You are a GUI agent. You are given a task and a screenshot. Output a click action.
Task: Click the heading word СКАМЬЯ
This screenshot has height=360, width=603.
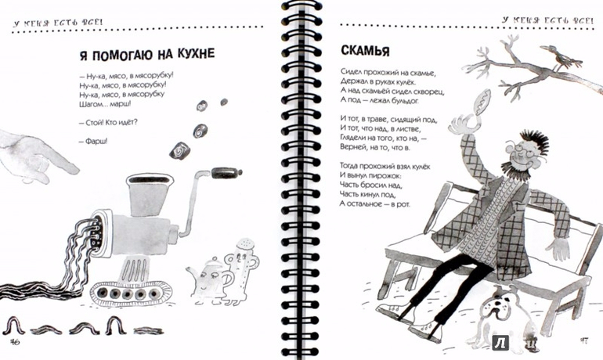pyautogui.click(x=365, y=50)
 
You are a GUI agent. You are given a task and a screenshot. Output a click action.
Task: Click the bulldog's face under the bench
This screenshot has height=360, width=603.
pyautogui.click(x=497, y=304)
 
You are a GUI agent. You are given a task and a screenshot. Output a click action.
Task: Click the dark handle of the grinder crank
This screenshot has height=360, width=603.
pyautogui.click(x=226, y=172)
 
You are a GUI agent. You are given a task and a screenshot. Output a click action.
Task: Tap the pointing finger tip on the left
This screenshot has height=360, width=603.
pyautogui.click(x=74, y=168)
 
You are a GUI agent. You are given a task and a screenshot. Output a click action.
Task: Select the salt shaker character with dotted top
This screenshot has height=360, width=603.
pyautogui.click(x=242, y=269)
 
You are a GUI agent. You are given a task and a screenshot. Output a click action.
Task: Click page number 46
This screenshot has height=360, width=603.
pyautogui.click(x=15, y=341)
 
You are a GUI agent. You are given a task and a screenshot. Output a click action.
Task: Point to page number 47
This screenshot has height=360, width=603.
pyautogui.click(x=583, y=340)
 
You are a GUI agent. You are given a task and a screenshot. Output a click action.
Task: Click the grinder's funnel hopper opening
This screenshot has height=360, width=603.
pyautogui.click(x=150, y=179)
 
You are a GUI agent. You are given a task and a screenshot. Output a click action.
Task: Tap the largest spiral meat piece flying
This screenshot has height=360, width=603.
pyautogui.click(x=179, y=150)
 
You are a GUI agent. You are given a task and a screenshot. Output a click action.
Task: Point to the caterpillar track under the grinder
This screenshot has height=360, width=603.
pyautogui.click(x=131, y=293)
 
